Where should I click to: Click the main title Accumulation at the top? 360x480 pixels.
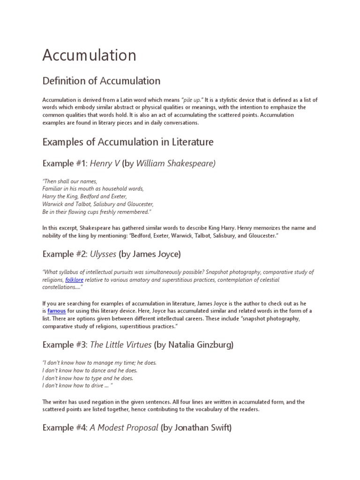(89, 55)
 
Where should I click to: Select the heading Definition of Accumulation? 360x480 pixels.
(101, 81)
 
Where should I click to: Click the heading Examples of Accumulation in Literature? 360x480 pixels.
(128, 142)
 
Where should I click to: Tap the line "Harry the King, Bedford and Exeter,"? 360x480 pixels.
(85, 196)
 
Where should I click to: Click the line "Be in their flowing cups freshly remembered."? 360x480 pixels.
(97, 212)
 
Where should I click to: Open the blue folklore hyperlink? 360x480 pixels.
(74, 280)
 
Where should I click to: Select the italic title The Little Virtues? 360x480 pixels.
(121, 345)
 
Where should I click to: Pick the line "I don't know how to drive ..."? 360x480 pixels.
(77, 385)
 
